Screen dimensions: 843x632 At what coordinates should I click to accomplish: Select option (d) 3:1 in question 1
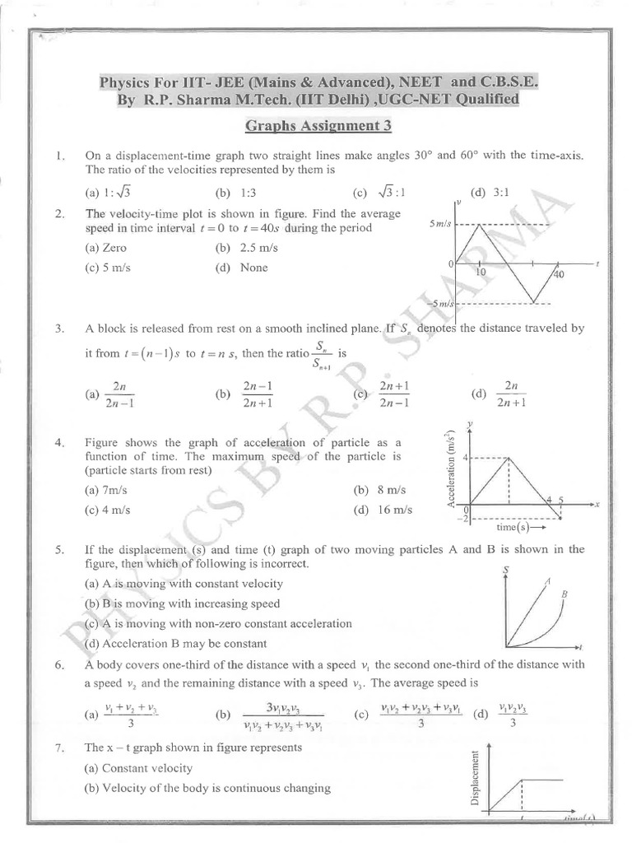pyautogui.click(x=490, y=193)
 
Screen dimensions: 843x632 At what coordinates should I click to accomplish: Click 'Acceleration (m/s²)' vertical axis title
pyautogui.click(x=451, y=470)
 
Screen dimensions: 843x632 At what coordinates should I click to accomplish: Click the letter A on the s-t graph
pyautogui.click(x=546, y=581)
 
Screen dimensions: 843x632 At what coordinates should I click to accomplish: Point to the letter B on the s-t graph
pyautogui.click(x=565, y=594)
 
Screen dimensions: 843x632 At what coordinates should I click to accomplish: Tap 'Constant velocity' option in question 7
pyautogui.click(x=146, y=768)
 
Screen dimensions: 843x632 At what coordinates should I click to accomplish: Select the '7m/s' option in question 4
pyautogui.click(x=115, y=490)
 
